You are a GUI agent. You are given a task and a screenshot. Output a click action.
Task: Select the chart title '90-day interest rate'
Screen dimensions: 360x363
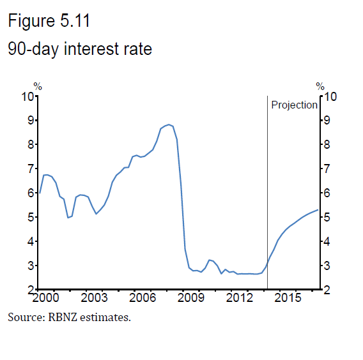80,49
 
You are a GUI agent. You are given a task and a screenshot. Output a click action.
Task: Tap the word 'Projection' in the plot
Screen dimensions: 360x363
294,105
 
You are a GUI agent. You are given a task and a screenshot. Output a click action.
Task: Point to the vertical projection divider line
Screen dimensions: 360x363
267,191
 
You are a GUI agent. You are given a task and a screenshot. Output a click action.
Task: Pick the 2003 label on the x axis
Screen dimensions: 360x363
94,298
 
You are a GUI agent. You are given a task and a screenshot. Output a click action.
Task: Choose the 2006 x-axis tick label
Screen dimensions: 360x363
143,298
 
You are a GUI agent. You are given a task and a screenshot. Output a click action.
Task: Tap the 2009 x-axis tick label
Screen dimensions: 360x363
191,298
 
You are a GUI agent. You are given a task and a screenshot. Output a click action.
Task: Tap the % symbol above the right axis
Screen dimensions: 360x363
320,87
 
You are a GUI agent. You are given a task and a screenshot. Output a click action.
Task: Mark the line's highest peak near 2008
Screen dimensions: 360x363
168,124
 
